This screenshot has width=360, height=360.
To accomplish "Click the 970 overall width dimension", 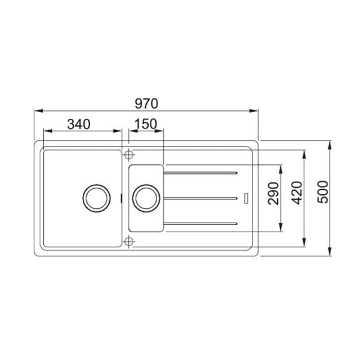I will (146, 103).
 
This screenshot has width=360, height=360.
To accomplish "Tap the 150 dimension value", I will (145, 124).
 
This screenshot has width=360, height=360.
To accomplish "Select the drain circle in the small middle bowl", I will (146, 197).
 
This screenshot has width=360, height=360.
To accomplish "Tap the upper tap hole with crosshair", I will (128, 155).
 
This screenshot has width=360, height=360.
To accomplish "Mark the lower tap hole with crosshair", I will (128, 241).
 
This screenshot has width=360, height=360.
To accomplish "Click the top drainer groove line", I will (201, 173).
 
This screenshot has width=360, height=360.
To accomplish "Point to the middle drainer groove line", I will (201, 197).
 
